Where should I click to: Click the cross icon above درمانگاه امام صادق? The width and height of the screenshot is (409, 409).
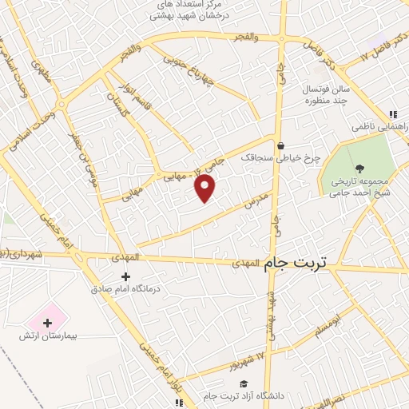(x=125, y=276)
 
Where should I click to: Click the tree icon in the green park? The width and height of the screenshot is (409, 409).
(x=359, y=168)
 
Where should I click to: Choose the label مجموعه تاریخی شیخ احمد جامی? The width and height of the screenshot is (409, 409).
(x=359, y=185)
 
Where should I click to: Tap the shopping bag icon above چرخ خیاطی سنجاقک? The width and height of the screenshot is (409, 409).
(x=280, y=145)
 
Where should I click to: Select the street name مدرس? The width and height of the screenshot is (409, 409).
(x=255, y=204)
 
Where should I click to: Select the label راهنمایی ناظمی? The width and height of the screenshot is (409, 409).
(x=380, y=126)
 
